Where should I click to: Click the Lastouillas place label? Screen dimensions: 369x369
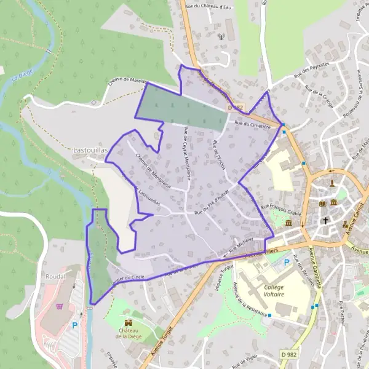click(x=90, y=149)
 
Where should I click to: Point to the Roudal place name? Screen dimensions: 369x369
click(x=55, y=277)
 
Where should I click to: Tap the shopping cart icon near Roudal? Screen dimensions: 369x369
click(x=60, y=306)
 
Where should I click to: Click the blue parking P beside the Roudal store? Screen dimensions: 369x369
click(x=75, y=325)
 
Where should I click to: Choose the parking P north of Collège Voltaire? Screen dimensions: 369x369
click(x=286, y=262)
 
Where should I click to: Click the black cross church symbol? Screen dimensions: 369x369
click(x=326, y=220)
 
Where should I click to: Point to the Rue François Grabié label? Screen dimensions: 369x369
click(x=281, y=210)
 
